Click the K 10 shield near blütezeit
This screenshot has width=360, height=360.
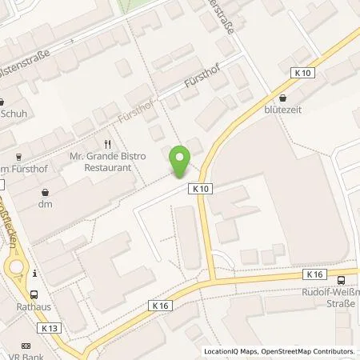click(x=302, y=73)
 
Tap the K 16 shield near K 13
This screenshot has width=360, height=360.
click(x=159, y=305)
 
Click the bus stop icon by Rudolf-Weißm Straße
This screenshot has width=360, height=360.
click(x=342, y=279)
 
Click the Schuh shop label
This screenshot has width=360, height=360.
click(x=13, y=114)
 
